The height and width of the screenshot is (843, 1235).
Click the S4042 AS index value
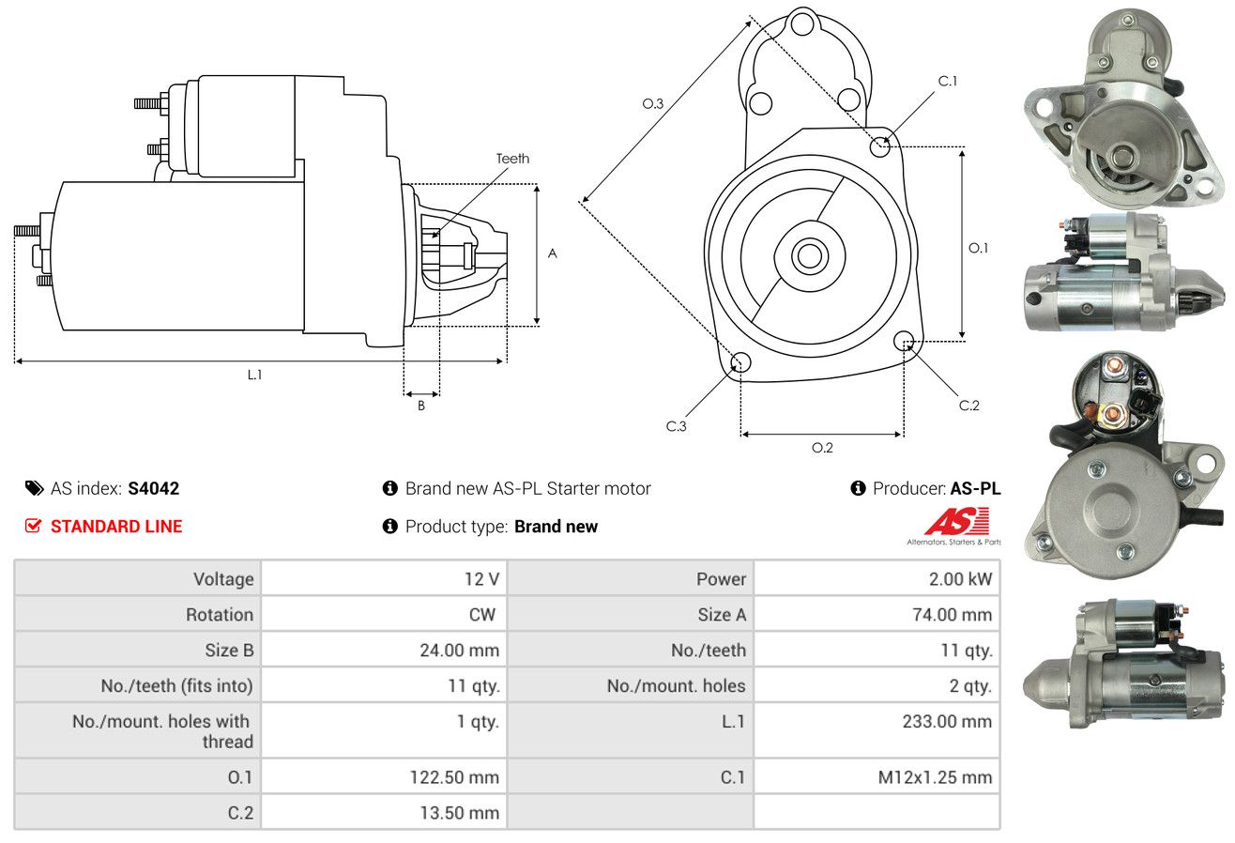point(153,488)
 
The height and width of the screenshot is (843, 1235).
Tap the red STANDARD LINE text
point(116,527)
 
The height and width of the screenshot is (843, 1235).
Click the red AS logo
point(957,522)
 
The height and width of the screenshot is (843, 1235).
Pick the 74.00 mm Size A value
point(953,615)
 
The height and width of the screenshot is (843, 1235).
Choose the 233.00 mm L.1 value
point(947,721)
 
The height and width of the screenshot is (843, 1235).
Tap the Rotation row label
point(220,615)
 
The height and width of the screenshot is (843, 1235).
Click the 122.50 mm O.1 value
point(454,777)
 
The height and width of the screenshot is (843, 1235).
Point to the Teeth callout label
point(512,159)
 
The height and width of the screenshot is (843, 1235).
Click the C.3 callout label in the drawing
point(676,426)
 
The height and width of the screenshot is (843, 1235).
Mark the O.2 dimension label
point(822,448)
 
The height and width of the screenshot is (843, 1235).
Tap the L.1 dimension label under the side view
point(254,375)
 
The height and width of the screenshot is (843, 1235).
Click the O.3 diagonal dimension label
point(653,103)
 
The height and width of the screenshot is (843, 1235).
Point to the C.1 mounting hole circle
point(880,146)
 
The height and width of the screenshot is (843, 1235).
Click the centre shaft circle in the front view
point(809,256)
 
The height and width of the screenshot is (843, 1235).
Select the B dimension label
point(421,406)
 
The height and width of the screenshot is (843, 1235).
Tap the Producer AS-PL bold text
point(975,488)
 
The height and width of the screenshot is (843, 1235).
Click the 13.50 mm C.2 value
point(460,813)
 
